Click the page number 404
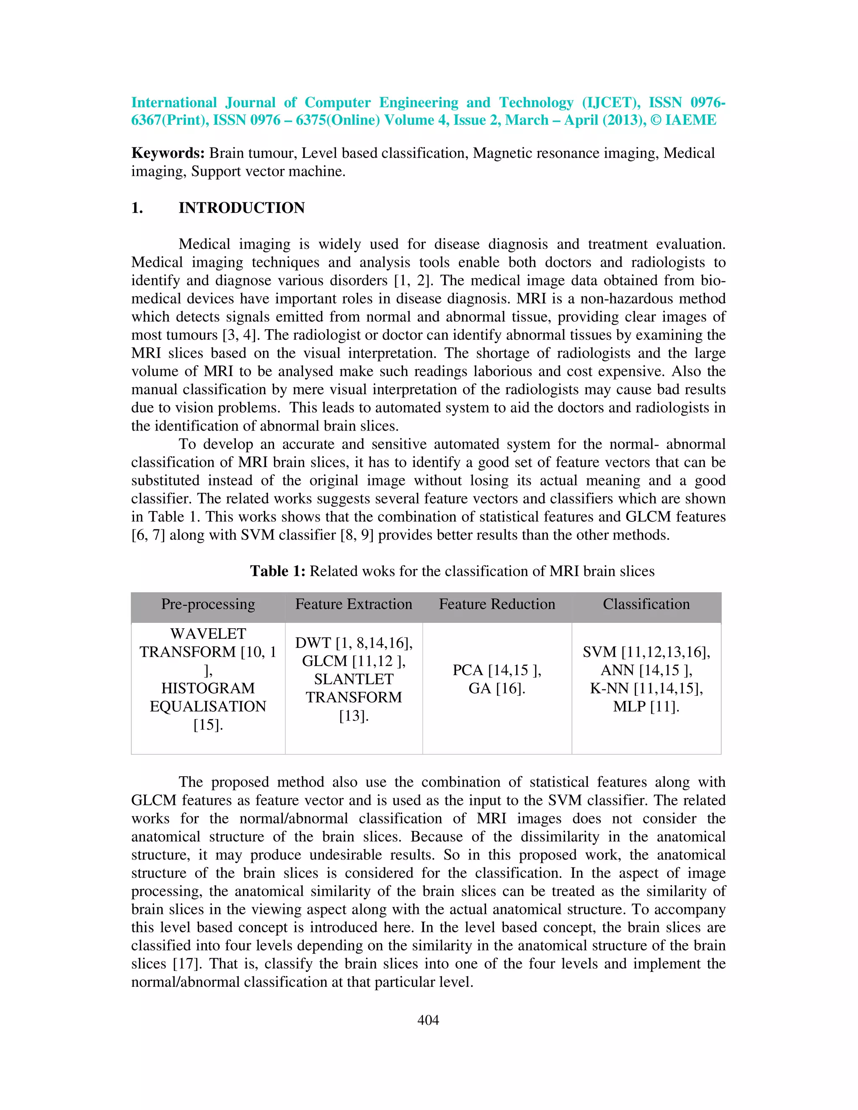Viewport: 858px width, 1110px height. [x=428, y=1020]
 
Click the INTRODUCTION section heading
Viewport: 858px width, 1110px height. [x=241, y=208]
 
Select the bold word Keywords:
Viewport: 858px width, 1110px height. [x=168, y=153]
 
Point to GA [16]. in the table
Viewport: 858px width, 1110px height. [x=496, y=688]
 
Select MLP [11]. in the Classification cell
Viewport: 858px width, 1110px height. [x=646, y=707]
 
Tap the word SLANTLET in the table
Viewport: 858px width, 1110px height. [x=353, y=679]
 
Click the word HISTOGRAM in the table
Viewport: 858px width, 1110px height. [x=208, y=688]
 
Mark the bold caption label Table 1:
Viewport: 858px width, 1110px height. [x=277, y=571]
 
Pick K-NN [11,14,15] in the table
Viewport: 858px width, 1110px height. [x=646, y=688]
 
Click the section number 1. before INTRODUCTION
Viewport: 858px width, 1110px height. [x=137, y=208]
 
